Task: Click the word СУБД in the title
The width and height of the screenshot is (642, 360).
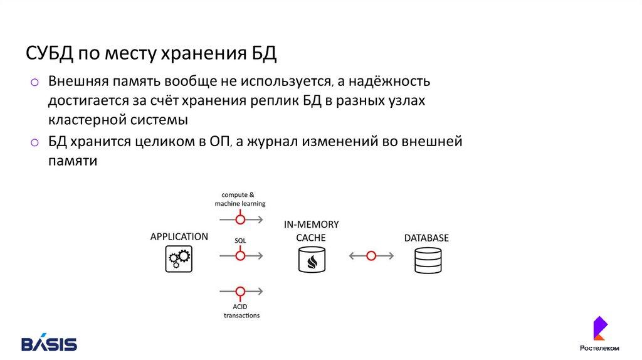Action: point(50,53)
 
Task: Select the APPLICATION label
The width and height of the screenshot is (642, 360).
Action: point(179,237)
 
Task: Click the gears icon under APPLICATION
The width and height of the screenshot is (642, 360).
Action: point(179,258)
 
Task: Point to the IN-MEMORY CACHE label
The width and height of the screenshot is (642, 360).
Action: point(312,231)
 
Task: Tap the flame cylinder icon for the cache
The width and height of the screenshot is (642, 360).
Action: point(312,259)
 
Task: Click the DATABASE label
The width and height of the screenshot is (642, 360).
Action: point(426,238)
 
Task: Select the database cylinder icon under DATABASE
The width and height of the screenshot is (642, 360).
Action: point(427,260)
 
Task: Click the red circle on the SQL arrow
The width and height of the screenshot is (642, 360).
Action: point(239,255)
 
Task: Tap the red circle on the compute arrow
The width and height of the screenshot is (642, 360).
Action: point(239,219)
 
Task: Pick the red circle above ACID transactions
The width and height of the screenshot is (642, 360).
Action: point(239,291)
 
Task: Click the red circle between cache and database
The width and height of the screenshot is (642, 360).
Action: point(371,256)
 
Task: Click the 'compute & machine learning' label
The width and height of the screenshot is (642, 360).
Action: point(239,199)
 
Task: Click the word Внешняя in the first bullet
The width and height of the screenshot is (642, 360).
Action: point(79,82)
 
